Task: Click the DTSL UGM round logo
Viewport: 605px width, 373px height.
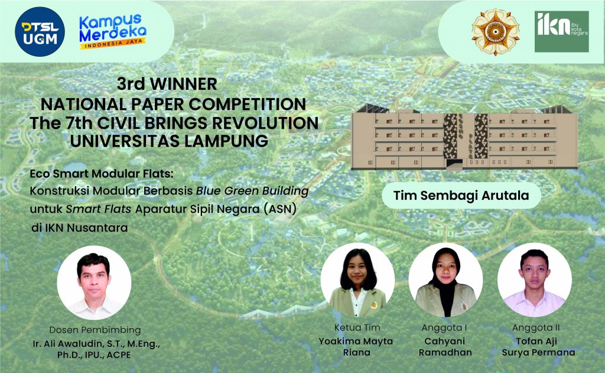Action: pos(40,31)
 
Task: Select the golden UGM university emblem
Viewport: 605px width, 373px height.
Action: pos(495,31)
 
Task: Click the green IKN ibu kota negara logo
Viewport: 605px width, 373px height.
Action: pos(561,31)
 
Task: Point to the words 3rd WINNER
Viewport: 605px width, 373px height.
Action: pos(167,83)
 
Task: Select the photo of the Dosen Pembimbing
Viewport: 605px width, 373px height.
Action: pos(94,283)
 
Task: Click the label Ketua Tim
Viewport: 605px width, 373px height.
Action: pos(357,327)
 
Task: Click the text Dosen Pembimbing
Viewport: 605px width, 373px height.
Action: pos(95,330)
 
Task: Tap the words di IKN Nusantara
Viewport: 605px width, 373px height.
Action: pos(79,227)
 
